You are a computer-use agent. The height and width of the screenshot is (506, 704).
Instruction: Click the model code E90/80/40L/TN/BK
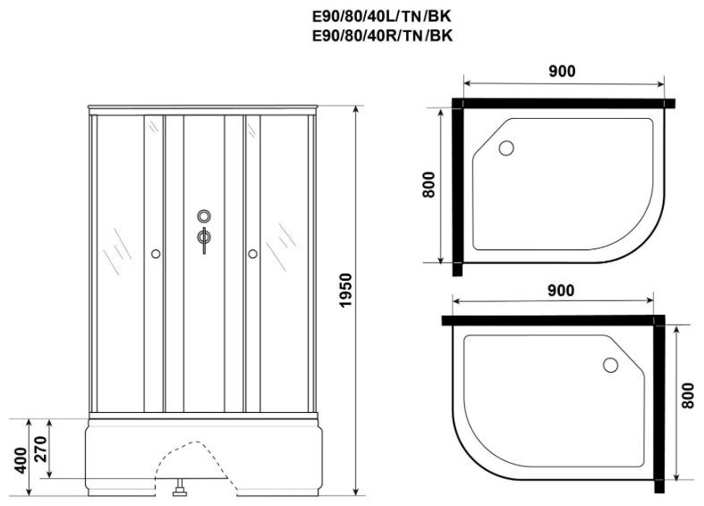point(382,17)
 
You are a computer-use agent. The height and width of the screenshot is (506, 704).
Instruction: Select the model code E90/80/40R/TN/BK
point(383,36)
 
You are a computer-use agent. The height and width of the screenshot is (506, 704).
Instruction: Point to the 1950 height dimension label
point(346,291)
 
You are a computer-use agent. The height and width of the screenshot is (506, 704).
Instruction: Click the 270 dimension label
point(40,449)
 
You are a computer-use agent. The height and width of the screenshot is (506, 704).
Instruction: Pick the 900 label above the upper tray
point(562,71)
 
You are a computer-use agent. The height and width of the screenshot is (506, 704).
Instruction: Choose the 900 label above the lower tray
point(561,291)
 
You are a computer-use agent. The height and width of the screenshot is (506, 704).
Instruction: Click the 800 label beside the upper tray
point(428,184)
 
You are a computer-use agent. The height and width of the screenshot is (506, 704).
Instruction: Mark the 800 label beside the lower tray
point(687,395)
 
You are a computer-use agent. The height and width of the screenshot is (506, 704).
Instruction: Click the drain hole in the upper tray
point(506,148)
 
